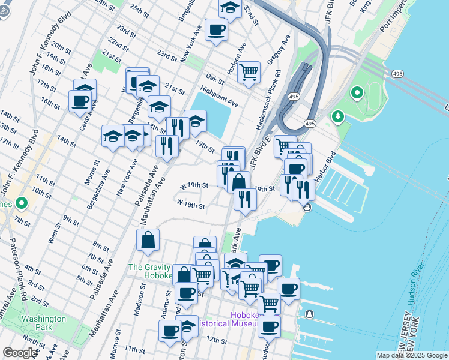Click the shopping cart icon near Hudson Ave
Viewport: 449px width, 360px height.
click(249, 73)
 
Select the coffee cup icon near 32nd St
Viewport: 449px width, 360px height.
click(216, 29)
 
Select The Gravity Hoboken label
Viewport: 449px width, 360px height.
click(150, 271)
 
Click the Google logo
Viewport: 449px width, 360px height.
click(20, 353)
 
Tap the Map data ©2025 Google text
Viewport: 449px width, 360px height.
click(411, 355)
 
